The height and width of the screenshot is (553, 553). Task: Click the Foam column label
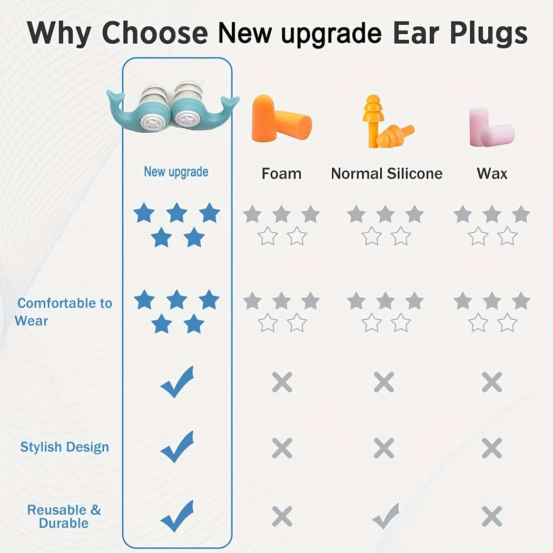(x=281, y=174)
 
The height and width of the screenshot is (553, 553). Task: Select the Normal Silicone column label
(x=387, y=174)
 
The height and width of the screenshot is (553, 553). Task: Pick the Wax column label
(x=492, y=174)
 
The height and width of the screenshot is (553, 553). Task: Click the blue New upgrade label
(x=176, y=172)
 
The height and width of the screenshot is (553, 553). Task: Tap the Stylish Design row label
(x=64, y=447)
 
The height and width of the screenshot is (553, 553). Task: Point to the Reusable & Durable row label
(x=64, y=516)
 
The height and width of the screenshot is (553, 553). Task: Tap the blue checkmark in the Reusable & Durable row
(x=177, y=516)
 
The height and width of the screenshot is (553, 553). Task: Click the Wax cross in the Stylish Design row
(x=491, y=448)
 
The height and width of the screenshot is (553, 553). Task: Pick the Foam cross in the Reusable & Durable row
(x=282, y=517)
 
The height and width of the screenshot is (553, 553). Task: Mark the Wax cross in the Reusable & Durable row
(x=491, y=517)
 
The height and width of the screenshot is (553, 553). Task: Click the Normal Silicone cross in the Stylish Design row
(x=384, y=448)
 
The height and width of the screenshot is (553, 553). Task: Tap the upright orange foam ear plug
(x=263, y=118)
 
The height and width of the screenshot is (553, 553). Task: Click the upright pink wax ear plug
(x=478, y=126)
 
